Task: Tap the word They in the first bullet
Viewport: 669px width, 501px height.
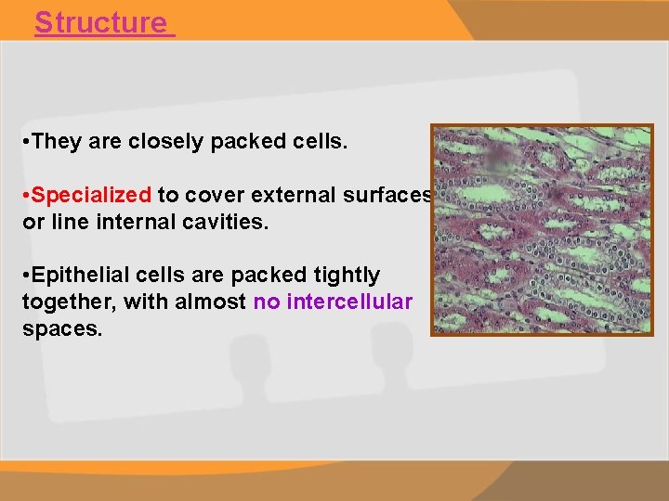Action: (57, 141)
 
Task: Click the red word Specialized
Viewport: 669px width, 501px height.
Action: (92, 195)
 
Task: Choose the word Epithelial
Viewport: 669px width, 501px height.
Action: (73, 276)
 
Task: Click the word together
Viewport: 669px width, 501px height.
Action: (64, 302)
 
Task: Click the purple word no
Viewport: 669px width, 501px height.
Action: (266, 302)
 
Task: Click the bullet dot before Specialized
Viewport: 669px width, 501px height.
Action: (26, 196)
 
